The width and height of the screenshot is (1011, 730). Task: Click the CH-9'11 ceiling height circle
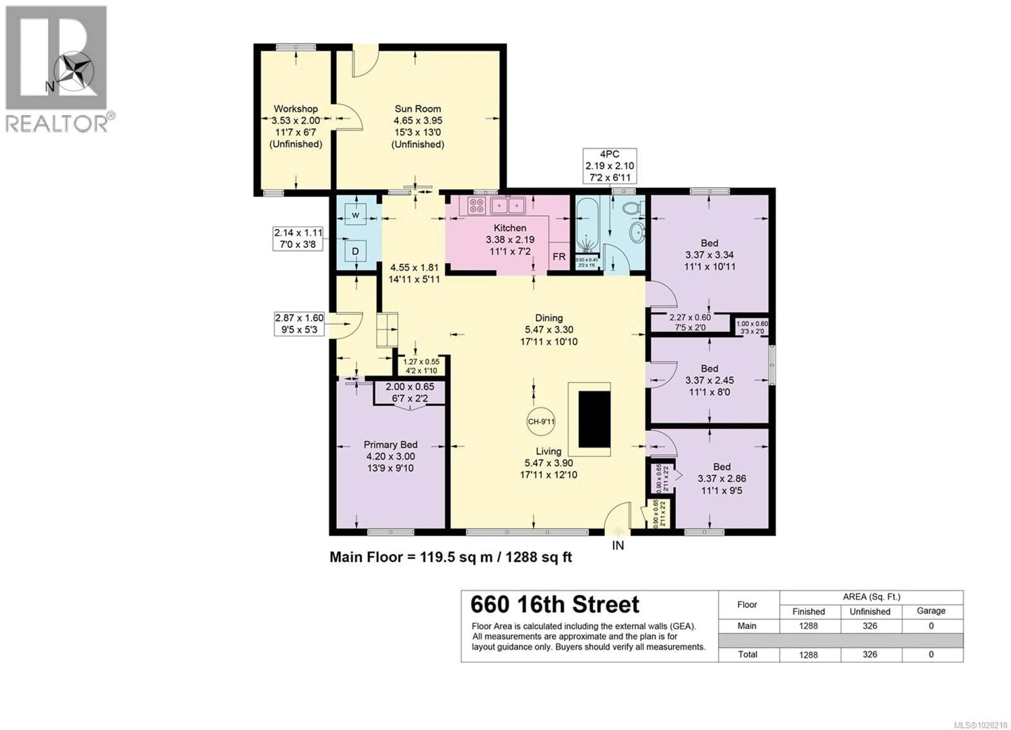[x=541, y=421]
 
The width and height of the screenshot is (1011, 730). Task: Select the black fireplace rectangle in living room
[x=594, y=419]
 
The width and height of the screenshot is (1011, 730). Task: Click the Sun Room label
[x=418, y=109]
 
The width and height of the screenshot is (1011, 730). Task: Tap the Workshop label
[x=296, y=109]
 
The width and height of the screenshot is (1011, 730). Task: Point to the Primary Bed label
[x=390, y=445]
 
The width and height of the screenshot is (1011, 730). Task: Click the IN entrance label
[x=618, y=545]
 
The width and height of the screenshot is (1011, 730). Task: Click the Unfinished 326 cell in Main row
[x=870, y=626]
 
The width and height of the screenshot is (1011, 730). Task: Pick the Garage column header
[x=931, y=611]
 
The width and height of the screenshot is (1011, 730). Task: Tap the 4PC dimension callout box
[x=609, y=166]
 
